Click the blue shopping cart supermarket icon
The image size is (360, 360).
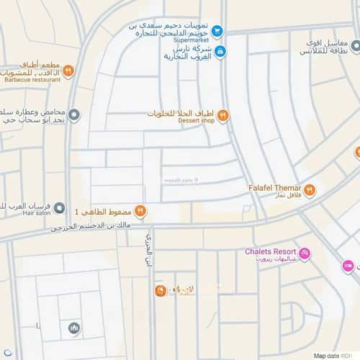pos(218,30)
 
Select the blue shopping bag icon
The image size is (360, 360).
pos(220,51)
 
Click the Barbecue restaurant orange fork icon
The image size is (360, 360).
pos(68,70)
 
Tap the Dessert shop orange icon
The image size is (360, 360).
pos(223,114)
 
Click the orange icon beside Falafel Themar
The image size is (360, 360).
pos(310,190)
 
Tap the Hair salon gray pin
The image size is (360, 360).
pos(60,207)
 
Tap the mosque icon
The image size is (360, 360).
pos(73,329)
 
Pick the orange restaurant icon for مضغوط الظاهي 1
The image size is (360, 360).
pos(140,212)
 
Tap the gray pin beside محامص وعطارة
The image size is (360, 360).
pos(75,114)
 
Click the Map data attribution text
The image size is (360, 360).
pos(328,356)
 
